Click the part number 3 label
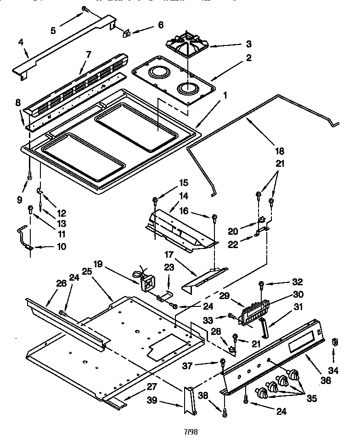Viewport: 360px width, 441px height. tap(248, 44)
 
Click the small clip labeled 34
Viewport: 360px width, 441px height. tap(334, 342)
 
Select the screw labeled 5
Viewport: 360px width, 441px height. tap(85, 9)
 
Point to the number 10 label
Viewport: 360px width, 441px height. tap(61, 247)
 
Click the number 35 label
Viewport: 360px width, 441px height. tap(312, 398)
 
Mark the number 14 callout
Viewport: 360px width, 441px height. tap(170, 196)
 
